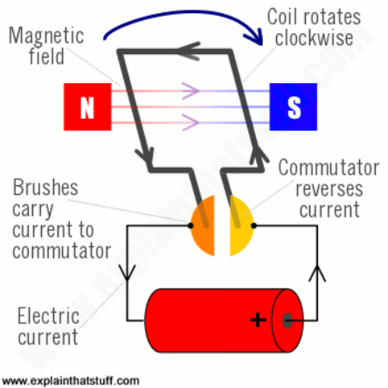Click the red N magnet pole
(87, 107)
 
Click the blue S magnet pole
(293, 107)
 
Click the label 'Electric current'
(48, 326)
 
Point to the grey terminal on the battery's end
(288, 320)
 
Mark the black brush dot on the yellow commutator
(253, 225)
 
